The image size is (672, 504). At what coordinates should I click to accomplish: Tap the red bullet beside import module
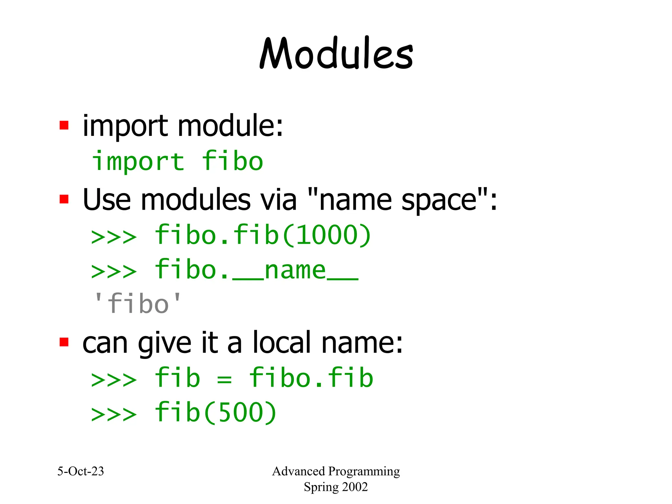coord(64,125)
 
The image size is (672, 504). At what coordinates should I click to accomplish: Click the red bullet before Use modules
coord(64,199)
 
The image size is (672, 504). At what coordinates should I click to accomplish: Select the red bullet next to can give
coord(64,342)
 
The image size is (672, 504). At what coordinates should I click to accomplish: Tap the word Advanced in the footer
coord(298,472)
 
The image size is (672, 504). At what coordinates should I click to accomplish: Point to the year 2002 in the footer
coord(354,487)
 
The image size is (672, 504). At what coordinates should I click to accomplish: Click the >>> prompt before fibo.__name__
coord(114,271)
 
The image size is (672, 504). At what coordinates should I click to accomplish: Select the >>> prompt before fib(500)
coord(114,414)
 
